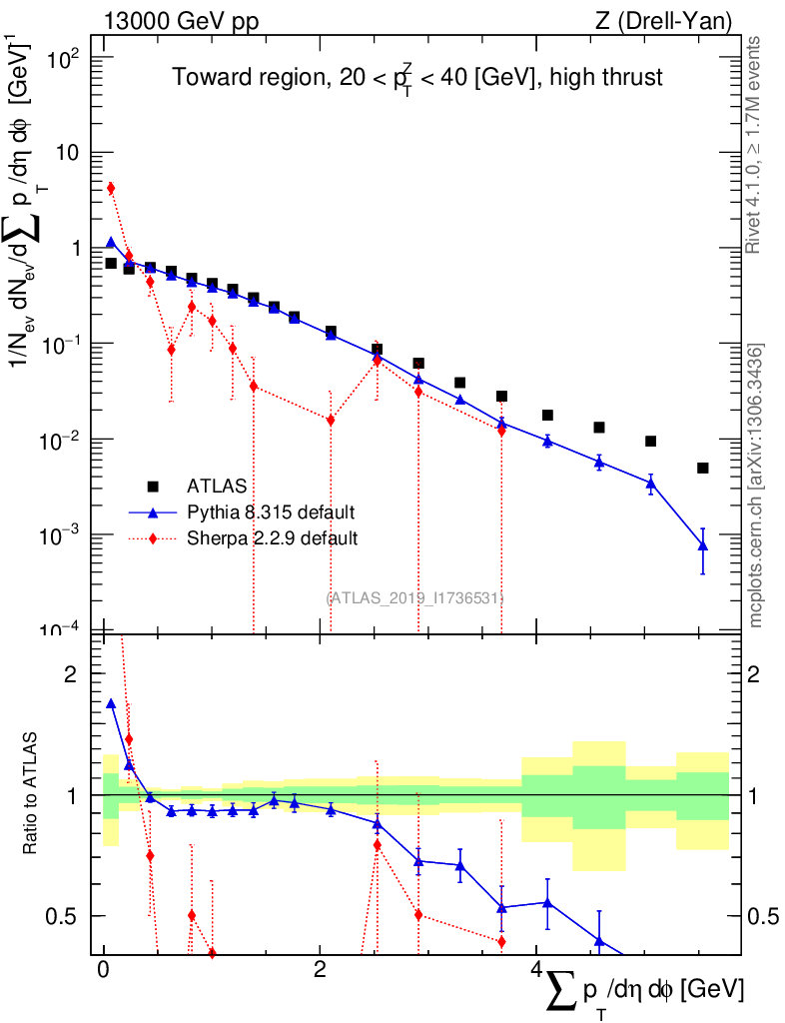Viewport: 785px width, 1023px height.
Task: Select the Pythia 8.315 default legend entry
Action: click(271, 512)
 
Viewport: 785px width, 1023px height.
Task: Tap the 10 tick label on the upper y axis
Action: click(73, 153)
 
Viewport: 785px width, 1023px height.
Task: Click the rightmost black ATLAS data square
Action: click(703, 468)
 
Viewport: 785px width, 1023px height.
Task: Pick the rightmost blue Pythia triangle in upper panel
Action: click(703, 545)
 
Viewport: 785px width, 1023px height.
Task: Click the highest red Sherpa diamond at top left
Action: click(111, 188)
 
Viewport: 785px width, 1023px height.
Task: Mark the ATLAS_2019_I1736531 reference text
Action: click(413, 597)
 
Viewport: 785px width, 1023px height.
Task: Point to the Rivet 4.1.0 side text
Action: click(757, 145)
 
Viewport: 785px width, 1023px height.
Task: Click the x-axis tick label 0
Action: click(103, 970)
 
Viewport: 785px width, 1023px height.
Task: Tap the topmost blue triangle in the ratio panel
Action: click(111, 703)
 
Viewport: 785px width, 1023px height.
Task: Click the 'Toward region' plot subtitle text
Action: click(416, 77)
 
